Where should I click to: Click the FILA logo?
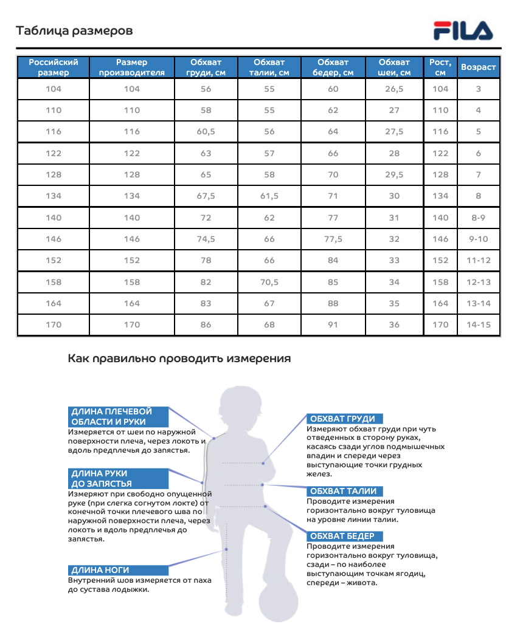(x=463, y=30)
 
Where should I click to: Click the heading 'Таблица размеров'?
(x=74, y=30)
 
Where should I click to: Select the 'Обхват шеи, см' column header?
(x=394, y=67)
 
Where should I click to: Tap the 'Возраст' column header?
(x=478, y=67)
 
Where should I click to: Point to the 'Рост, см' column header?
(x=440, y=67)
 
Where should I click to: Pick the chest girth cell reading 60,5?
(x=206, y=132)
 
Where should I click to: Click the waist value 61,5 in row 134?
(x=269, y=196)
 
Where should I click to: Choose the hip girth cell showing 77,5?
(x=333, y=239)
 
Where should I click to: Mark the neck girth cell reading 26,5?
(x=394, y=89)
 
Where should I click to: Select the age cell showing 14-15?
(x=478, y=324)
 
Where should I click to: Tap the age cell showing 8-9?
(x=478, y=218)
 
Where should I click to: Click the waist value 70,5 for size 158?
(x=269, y=282)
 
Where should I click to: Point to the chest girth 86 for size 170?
(x=206, y=324)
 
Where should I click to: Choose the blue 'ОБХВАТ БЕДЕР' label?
(x=345, y=536)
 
